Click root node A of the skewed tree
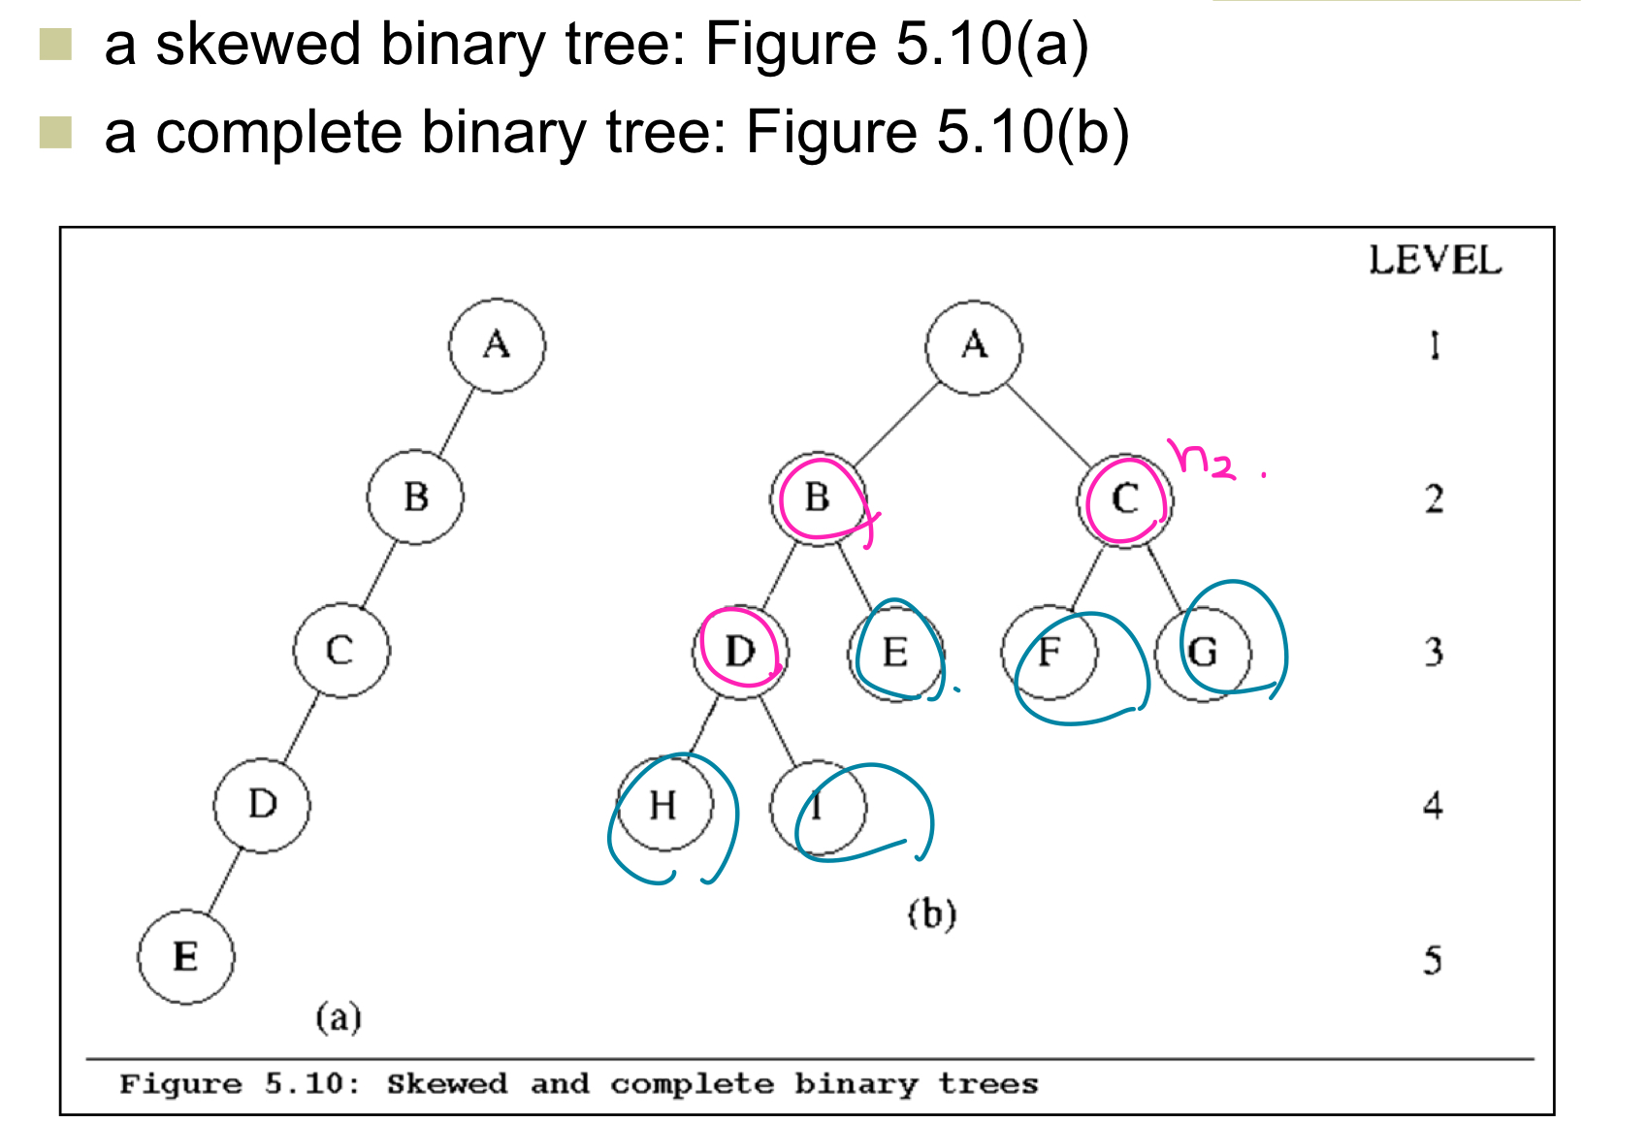497,345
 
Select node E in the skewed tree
185,957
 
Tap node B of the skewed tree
415,496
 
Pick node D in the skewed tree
262,804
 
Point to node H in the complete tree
664,805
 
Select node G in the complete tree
1204,652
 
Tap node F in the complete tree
1050,652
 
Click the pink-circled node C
1124,499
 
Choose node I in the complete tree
818,807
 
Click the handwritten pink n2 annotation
1204,459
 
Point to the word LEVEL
1435,261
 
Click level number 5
1433,960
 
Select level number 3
1434,652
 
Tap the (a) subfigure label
338,1017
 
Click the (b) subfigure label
932,913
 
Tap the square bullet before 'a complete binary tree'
56,133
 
